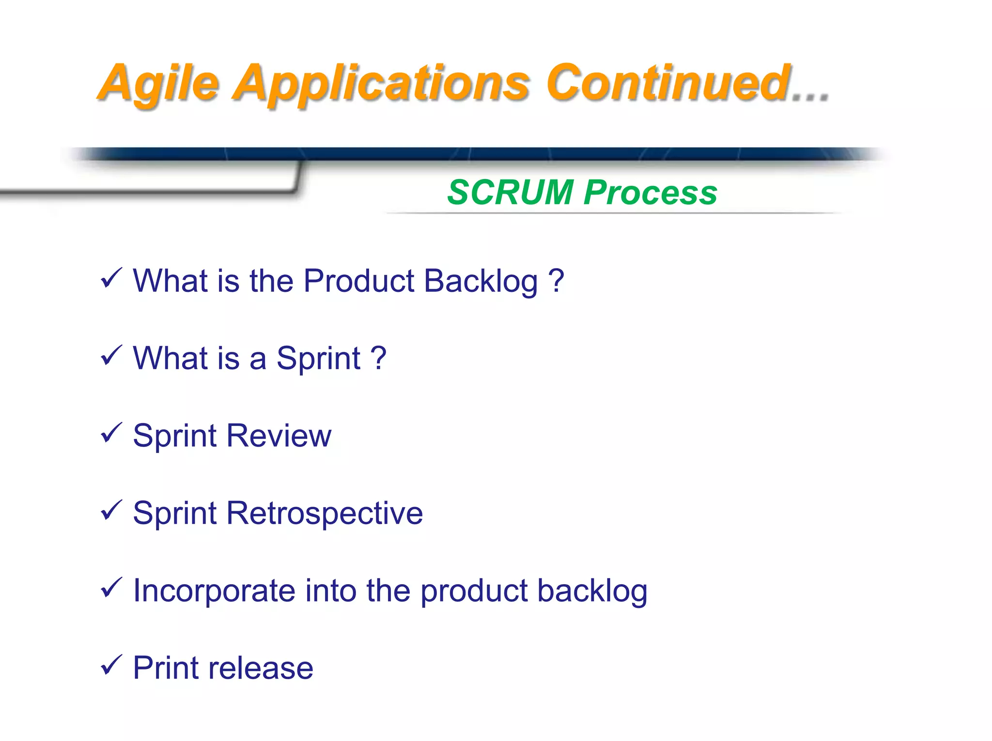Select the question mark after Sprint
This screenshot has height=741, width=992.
click(378, 358)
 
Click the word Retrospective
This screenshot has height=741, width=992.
click(324, 513)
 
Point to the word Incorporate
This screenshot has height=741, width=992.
click(214, 590)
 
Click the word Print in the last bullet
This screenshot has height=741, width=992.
click(165, 668)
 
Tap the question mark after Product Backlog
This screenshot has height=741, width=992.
click(557, 281)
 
